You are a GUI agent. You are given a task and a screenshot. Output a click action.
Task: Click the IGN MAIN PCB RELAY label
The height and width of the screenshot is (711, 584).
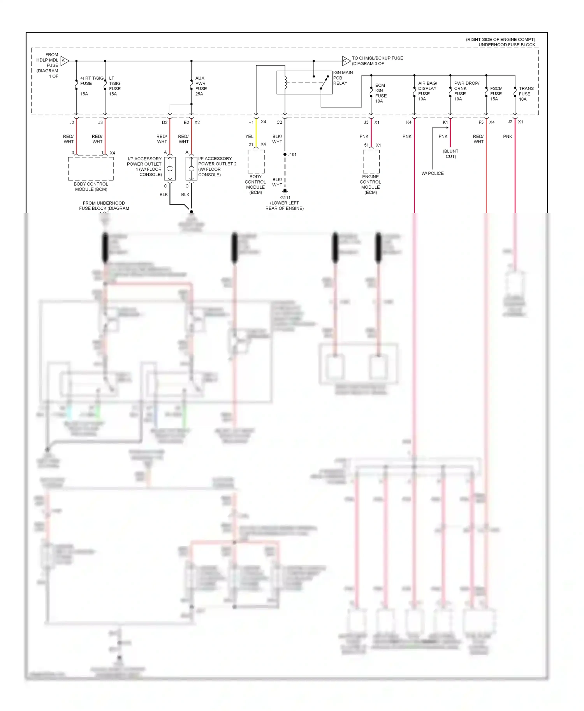343,78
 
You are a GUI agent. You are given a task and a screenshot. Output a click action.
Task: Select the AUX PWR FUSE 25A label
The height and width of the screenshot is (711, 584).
201,86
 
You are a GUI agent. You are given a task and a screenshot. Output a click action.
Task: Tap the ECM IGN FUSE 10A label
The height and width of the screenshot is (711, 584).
380,93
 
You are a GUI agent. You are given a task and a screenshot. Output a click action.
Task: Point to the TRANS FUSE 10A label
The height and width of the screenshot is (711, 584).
526,94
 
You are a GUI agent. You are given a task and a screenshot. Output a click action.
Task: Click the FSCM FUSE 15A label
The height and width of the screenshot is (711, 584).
496,94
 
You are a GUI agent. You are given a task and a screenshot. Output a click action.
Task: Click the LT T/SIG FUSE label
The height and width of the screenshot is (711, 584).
114,86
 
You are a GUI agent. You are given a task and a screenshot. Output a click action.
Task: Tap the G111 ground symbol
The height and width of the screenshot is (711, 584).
285,191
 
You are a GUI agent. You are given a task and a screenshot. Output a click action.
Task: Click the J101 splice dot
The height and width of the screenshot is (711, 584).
285,154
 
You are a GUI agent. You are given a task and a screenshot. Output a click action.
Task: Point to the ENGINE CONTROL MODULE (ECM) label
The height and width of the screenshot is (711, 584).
370,184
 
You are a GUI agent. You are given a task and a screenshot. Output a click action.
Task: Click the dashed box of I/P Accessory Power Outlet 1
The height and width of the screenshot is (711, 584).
170,169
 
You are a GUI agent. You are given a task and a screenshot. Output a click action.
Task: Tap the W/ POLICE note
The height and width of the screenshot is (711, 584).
433,173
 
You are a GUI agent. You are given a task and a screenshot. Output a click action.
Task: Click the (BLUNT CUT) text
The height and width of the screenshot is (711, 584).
450,154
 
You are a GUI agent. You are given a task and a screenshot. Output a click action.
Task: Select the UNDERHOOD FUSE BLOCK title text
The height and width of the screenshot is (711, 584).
507,45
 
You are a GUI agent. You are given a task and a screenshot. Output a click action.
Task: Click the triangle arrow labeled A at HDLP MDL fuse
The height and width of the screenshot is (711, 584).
65,61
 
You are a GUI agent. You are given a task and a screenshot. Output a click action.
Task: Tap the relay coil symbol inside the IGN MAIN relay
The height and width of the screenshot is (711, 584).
285,82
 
